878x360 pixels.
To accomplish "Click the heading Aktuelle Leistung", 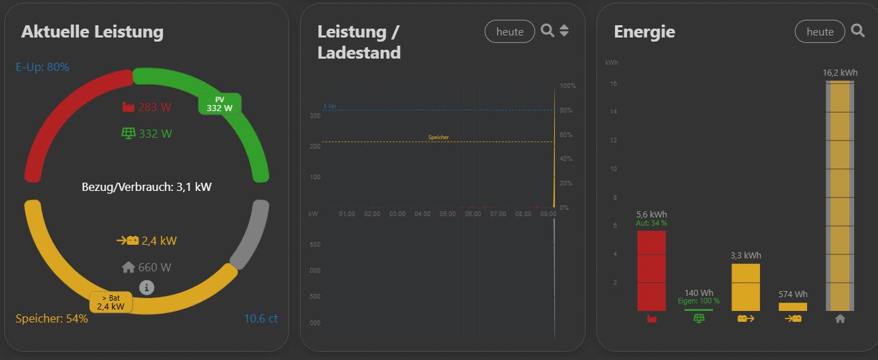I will pos(92,32).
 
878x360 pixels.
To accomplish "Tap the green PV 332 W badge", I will pos(219,104).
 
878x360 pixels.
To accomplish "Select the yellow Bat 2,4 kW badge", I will pos(110,302).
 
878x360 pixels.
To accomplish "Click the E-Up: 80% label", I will pos(42,67).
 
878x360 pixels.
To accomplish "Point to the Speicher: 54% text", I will pos(52,318).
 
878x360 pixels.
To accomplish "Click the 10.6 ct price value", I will pos(260,318).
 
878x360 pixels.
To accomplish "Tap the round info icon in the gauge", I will pos(147,288).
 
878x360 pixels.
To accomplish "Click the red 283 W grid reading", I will pos(147,107).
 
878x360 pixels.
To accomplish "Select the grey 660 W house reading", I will pos(147,267).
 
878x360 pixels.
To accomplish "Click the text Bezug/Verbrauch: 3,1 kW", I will pos(147,186).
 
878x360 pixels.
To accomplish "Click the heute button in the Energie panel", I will pos(820,31).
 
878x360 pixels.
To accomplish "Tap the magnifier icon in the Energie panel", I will pos(858,31).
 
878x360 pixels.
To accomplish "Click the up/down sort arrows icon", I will pos(564,31).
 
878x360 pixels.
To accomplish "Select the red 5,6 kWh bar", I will pos(652,271).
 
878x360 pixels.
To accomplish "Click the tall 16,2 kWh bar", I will pos(840,196).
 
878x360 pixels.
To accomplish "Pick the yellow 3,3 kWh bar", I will pos(746,286).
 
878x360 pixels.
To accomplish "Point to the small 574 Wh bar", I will pos(793,307).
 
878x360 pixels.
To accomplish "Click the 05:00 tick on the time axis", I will pos(448,214).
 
